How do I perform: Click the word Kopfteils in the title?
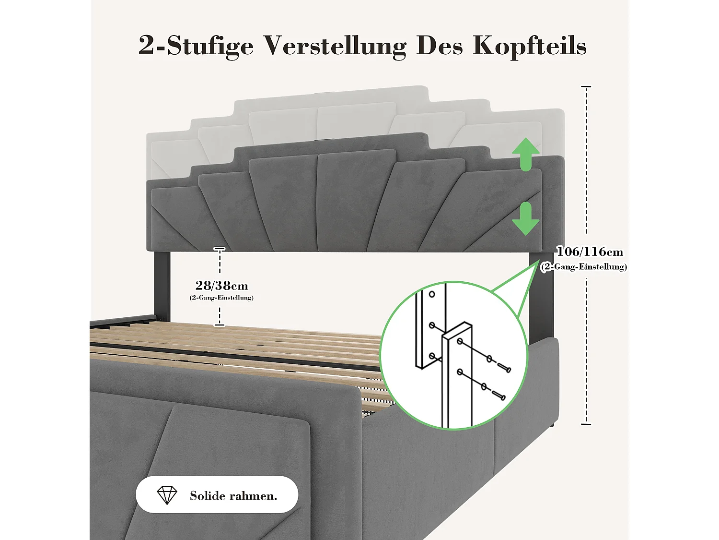tap(529, 46)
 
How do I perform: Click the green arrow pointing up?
tap(526, 154)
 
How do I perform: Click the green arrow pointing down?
tap(526, 219)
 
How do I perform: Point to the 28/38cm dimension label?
tap(221, 286)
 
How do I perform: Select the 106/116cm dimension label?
tap(590, 252)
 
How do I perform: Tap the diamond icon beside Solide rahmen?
tap(167, 495)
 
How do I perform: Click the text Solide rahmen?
tap(233, 496)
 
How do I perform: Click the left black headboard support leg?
tap(162, 283)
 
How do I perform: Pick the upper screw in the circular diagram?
tap(504, 368)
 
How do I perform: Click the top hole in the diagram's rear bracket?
tap(431, 294)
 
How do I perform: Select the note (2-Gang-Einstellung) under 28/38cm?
tap(221, 298)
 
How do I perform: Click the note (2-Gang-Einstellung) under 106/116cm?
tap(583, 267)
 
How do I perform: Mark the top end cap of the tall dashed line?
tap(586, 87)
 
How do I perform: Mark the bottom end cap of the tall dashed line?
tap(586, 424)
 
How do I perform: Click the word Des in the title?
tap(439, 46)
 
